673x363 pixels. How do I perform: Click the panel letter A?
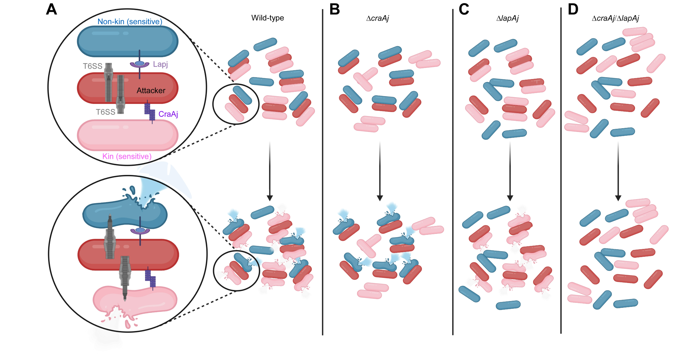(51, 9)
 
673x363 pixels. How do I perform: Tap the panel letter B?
(334, 9)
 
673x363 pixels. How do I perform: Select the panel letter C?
(464, 9)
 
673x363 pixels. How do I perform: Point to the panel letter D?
(573, 9)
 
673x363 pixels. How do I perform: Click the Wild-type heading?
(268, 18)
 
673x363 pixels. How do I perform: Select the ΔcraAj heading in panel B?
(377, 18)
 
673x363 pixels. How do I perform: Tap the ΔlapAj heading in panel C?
(507, 18)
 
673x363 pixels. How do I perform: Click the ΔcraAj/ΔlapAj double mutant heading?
(615, 18)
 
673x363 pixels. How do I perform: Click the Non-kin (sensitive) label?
(130, 22)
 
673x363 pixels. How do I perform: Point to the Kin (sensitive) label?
(127, 156)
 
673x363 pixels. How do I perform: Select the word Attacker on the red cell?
(151, 90)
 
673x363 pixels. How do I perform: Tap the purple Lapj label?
(160, 64)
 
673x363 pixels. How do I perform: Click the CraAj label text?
(168, 114)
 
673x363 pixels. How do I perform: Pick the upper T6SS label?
(93, 66)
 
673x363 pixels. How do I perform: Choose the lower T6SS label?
(105, 112)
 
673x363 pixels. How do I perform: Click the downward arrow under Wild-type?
(270, 172)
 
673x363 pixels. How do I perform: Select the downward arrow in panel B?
(380, 172)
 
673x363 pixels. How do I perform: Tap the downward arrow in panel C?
(510, 172)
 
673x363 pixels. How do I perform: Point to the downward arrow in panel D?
(618, 172)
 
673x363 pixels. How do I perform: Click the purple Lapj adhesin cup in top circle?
(140, 64)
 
